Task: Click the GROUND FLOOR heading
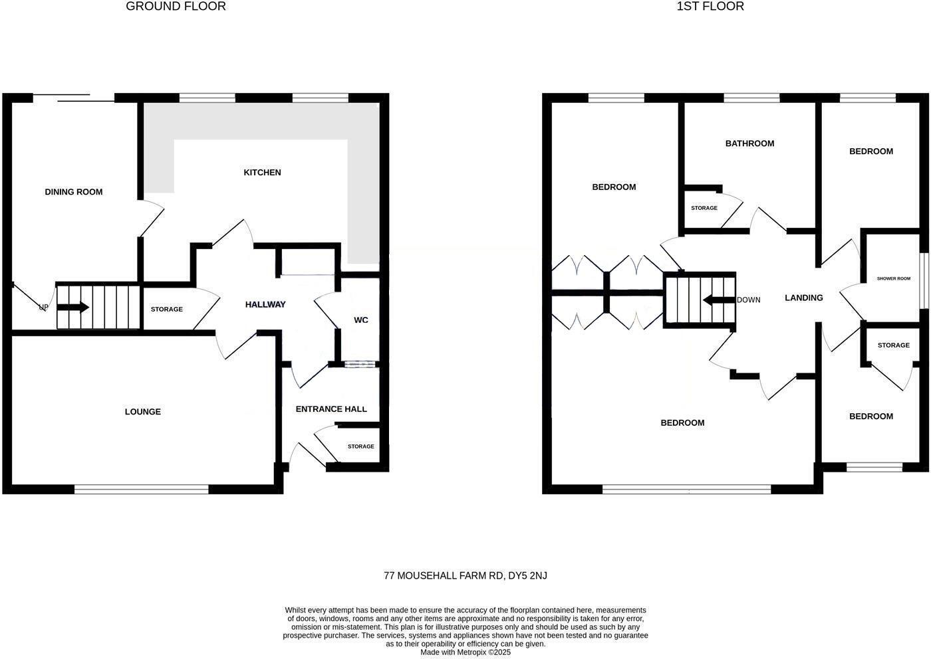(x=176, y=7)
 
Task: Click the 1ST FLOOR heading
(x=710, y=7)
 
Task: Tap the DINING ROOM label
(x=74, y=192)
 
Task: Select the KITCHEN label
(x=262, y=173)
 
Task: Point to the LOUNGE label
(x=143, y=412)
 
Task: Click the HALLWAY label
(x=265, y=305)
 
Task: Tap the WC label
(x=360, y=320)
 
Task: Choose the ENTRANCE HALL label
(x=331, y=409)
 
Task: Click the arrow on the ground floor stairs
(x=74, y=308)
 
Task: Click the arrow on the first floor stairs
(x=718, y=300)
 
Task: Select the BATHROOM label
(x=749, y=143)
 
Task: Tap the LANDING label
(x=803, y=298)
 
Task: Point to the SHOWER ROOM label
(x=893, y=279)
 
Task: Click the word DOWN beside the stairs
(x=749, y=300)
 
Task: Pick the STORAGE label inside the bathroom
(x=704, y=209)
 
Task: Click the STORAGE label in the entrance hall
(x=360, y=446)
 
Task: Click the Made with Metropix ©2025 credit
(x=465, y=652)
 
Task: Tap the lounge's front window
(x=142, y=490)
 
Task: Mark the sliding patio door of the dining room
(x=73, y=98)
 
